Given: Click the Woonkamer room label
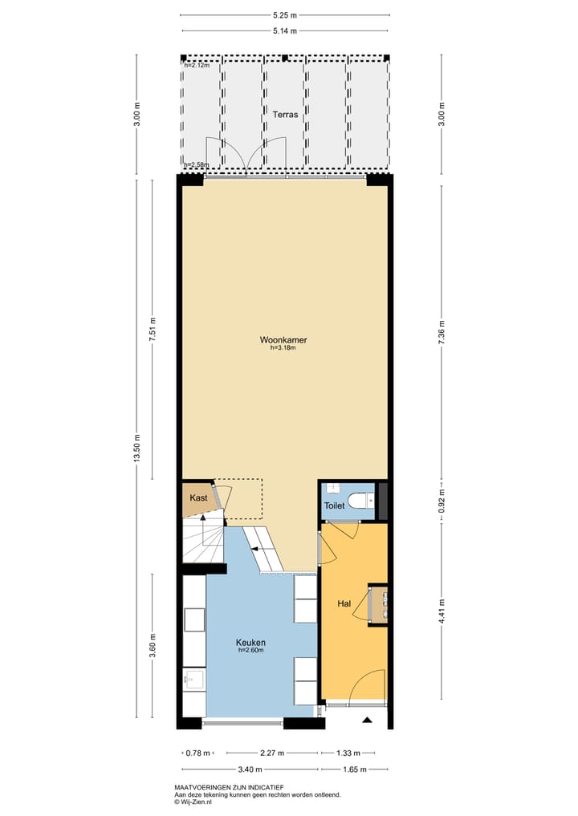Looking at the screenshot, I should pos(283,339).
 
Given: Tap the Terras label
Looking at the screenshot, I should pos(285,115).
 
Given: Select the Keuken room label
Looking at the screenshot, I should pos(250,643).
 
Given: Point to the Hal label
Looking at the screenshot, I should pos(344,603).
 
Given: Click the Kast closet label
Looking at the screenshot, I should pos(198,498).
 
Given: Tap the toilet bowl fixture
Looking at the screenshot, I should pos(362,501).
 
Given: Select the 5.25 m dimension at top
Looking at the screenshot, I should pos(284,14).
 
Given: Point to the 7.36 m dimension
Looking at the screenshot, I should pos(442,332).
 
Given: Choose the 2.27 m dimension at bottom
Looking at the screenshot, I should pos(273,753).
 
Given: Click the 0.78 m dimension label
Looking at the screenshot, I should pos(197,753).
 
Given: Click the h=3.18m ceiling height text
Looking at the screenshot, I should pos(283,348).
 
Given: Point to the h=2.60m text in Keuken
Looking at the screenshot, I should pos(250,651).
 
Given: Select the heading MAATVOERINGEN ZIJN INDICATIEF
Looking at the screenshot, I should pos(229,788).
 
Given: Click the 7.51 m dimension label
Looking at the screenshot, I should pos(153,331).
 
